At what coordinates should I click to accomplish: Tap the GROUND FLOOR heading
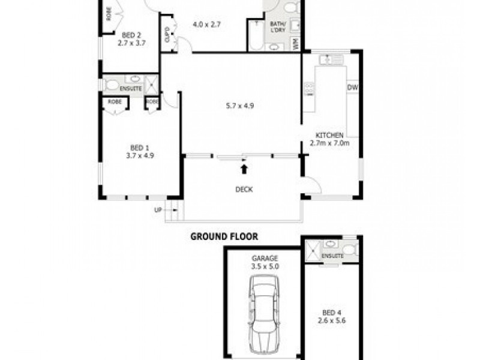[224, 236]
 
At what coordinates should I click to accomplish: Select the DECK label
[244, 190]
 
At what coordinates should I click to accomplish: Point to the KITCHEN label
[329, 135]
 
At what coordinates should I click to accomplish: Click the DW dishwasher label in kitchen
[352, 88]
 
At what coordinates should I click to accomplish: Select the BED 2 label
[131, 35]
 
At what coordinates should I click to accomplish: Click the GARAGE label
[265, 258]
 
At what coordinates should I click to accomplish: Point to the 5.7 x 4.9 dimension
[241, 106]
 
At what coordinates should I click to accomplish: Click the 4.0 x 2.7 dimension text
[207, 25]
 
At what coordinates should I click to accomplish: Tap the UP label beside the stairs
[158, 209]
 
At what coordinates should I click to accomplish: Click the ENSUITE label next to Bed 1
[131, 89]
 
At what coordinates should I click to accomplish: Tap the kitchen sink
[331, 59]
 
